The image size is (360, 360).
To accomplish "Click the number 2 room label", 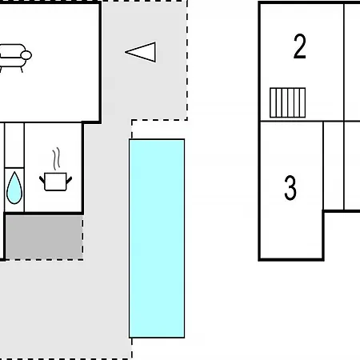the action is coord(299,46).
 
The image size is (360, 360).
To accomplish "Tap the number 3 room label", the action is coord(290,188).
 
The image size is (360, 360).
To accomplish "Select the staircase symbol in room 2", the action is coord(287,102).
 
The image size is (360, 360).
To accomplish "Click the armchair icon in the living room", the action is coord(14,58).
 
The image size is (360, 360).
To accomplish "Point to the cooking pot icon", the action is coord(55,182).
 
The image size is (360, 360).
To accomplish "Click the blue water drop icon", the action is coord(14,188).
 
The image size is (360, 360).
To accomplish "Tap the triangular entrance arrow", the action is coord(141,52).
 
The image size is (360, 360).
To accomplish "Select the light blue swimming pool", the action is coord(157,238).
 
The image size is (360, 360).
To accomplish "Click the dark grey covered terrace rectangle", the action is coord(44,237).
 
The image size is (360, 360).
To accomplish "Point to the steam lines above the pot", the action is coord(56,159).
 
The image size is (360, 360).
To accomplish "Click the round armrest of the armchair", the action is coord(26,55).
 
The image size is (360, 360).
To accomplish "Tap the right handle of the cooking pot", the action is coord(69,180).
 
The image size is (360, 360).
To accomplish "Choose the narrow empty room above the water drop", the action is coord(14,145).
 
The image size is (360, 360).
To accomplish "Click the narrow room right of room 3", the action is coord(334,166).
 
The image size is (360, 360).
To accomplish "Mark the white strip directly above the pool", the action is coord(158,130).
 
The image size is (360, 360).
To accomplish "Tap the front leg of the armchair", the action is coord(22,69).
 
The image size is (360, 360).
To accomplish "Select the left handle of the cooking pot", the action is coord(42,180).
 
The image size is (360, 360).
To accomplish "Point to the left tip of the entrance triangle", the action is coord(125,52).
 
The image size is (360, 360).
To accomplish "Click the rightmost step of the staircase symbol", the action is coord(302,102).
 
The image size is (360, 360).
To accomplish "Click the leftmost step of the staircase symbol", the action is coord(273,102).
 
